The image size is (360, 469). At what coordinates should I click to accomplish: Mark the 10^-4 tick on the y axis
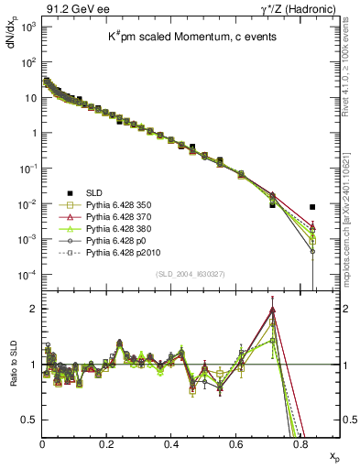tap(27, 275)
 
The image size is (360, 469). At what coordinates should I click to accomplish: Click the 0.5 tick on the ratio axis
tap(30, 420)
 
